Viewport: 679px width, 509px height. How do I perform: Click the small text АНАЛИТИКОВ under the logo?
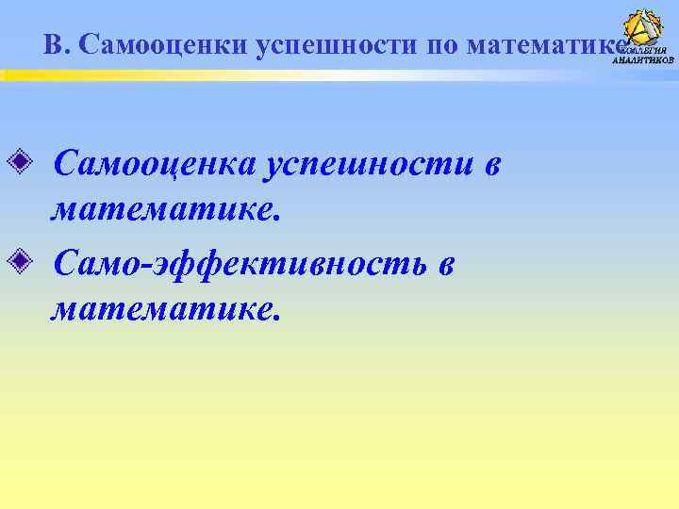[644, 59]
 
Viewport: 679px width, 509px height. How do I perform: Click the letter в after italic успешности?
[490, 167]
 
